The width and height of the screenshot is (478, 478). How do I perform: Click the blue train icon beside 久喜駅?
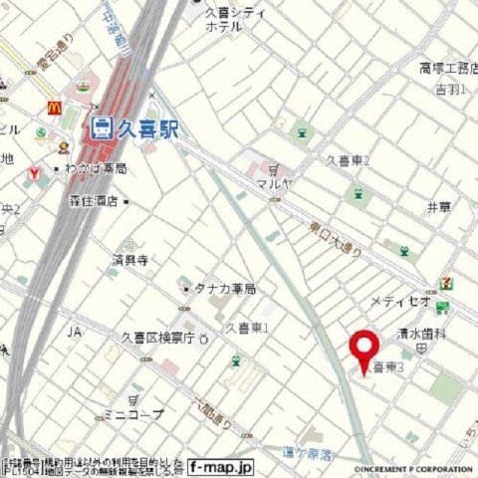(x=101, y=126)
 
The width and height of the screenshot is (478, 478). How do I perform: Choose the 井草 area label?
(x=438, y=206)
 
